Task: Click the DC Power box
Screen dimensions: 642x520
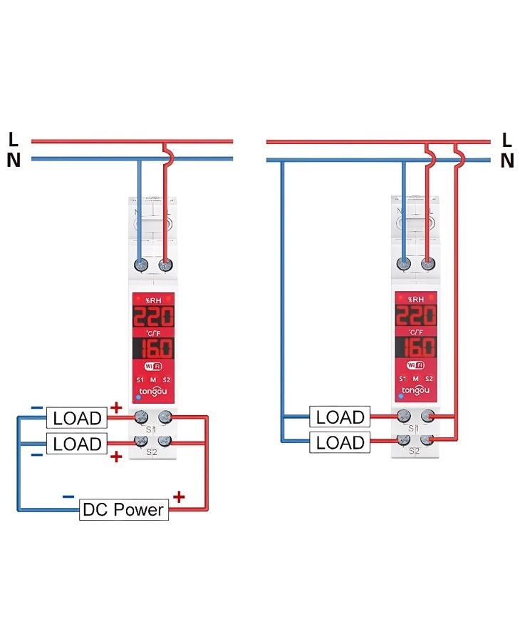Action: pos(124,509)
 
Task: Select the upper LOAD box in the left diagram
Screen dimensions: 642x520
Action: pos(77,417)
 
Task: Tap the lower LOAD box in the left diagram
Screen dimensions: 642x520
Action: pos(77,444)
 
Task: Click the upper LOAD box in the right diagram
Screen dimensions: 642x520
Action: pos(340,417)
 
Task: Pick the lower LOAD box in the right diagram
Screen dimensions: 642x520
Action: pos(340,442)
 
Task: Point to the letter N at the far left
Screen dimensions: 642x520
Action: pos(13,160)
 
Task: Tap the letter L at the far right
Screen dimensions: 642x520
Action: pos(506,139)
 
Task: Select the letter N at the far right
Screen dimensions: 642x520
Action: pos(506,161)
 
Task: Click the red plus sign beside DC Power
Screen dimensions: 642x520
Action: pos(179,496)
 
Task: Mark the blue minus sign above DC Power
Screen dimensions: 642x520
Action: pos(68,496)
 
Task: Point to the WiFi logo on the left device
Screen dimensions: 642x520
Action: pos(153,366)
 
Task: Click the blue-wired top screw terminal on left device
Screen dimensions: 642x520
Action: pos(140,265)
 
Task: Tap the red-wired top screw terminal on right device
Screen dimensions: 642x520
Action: pos(428,265)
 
